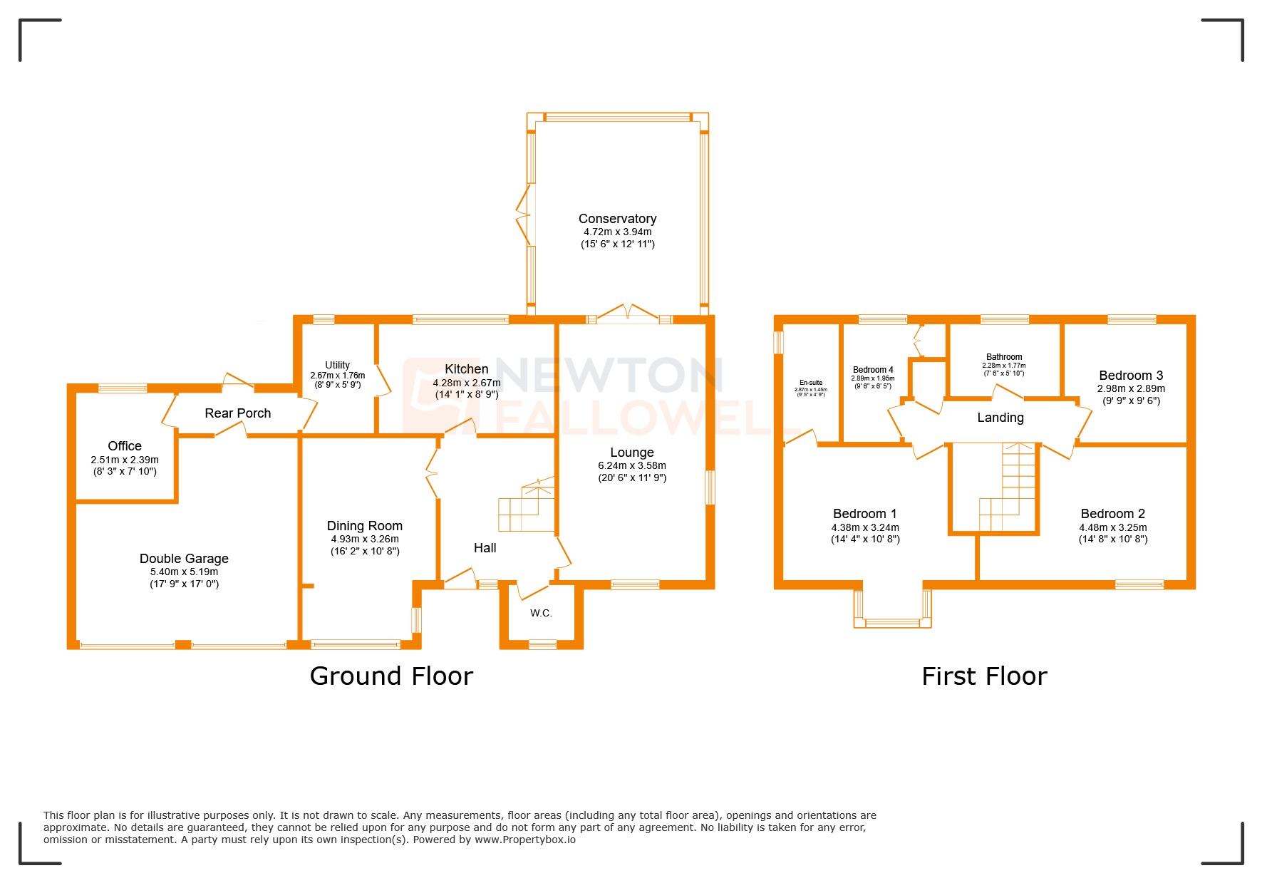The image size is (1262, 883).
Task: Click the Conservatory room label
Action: point(617,219)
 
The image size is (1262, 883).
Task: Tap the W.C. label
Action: point(541,613)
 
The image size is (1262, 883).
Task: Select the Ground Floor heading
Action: point(391,676)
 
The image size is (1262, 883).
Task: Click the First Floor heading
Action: point(984,676)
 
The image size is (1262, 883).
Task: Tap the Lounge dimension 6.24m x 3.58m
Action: point(632,465)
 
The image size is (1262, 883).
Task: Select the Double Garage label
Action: point(184,559)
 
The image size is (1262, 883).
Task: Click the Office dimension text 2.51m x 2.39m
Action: point(125,460)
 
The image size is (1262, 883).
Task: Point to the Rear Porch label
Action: point(237,413)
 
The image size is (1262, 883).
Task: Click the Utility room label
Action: point(337,365)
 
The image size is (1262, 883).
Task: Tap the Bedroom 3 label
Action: point(1131,376)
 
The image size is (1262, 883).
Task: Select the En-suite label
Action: point(811,383)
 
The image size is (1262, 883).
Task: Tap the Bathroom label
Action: point(1004,357)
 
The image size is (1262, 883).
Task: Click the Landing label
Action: point(1000,418)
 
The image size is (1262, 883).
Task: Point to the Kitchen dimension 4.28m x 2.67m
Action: point(467,383)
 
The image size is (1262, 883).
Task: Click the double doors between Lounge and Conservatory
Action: point(628,314)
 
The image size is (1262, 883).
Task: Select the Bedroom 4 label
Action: point(873,370)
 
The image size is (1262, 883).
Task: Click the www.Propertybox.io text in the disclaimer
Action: point(525,840)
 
